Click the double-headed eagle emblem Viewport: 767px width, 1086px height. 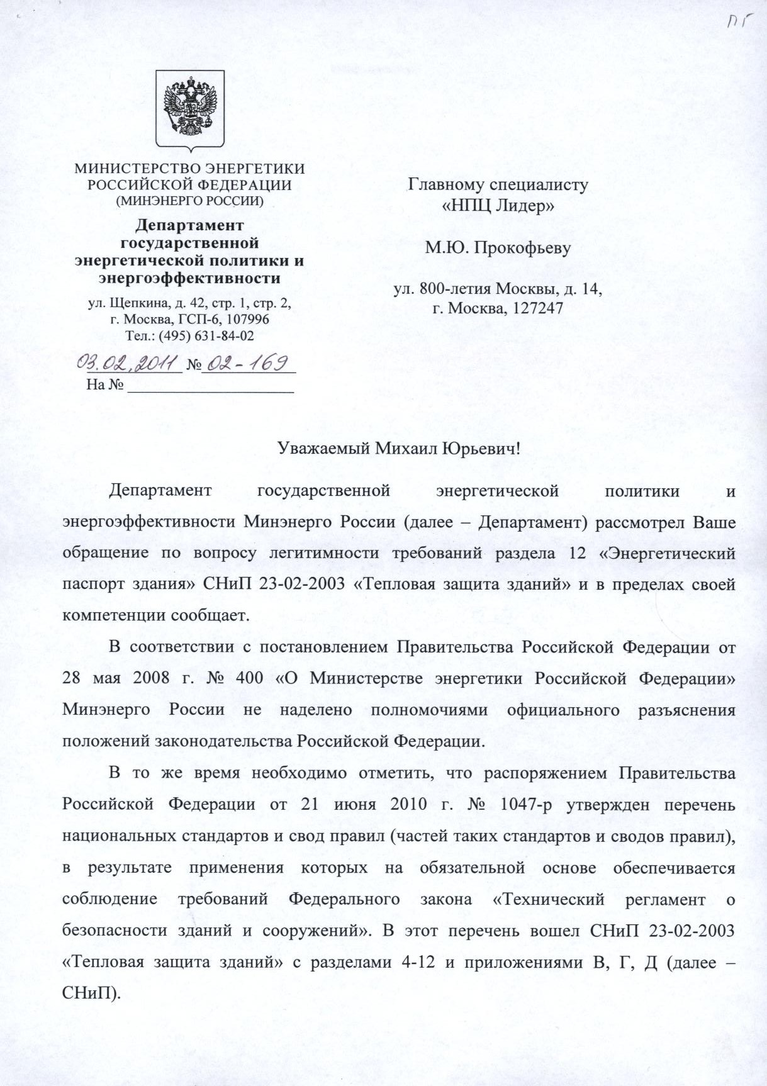coord(190,107)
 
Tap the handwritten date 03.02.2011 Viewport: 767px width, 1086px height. coord(128,363)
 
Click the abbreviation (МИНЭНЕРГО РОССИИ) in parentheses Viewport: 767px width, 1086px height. coord(189,201)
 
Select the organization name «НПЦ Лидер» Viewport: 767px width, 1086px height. coord(498,206)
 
